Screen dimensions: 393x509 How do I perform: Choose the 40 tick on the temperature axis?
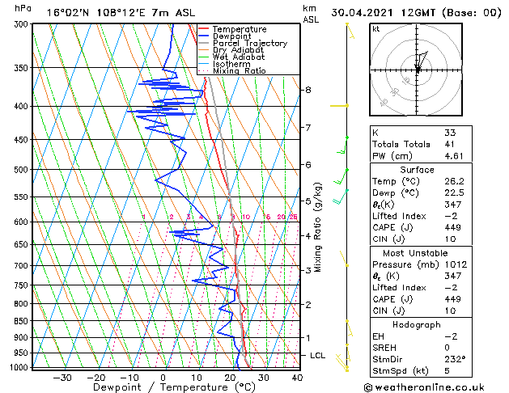(x=297, y=377)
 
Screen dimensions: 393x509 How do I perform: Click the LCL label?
(x=319, y=355)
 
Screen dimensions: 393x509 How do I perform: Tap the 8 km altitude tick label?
(x=308, y=90)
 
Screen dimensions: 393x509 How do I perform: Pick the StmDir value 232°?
(x=455, y=359)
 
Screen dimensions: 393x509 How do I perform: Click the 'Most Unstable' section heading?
(x=417, y=252)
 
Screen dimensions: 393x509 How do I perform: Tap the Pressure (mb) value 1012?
(x=454, y=264)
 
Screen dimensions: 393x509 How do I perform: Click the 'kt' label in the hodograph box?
(x=376, y=28)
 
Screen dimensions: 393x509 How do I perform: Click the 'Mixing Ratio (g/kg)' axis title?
(x=318, y=226)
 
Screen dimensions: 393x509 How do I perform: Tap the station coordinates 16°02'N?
(x=66, y=12)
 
